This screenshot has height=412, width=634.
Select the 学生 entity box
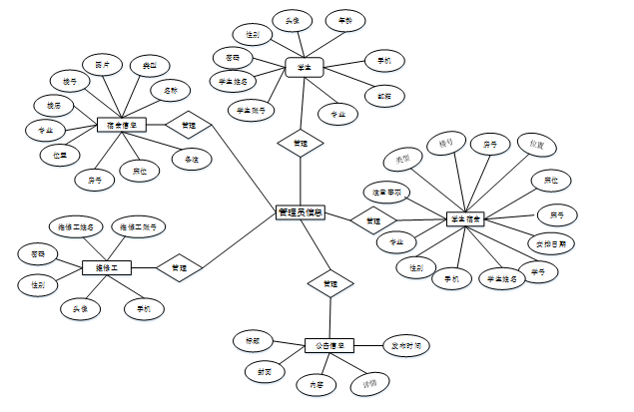305,67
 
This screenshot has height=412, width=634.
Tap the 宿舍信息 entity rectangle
122,126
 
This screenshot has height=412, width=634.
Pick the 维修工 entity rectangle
107,266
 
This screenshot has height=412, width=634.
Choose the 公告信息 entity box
329,346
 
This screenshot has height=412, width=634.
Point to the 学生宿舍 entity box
465,218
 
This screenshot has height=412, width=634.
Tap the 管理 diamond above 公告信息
329,284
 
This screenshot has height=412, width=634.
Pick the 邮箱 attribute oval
384,97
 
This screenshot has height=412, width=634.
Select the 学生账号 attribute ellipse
252,109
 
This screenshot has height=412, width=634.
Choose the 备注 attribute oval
191,159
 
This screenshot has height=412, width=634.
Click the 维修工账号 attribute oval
139,227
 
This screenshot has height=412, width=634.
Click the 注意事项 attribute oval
386,190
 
